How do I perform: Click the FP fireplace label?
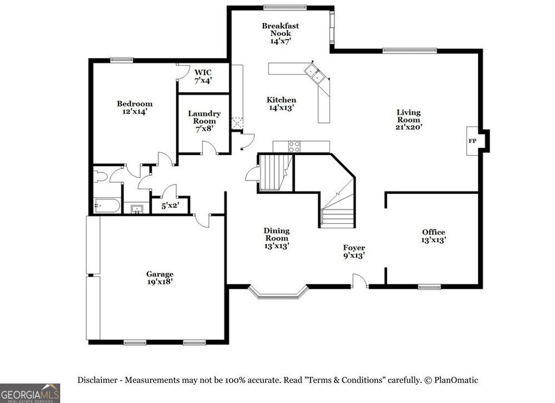pyautogui.click(x=472, y=140)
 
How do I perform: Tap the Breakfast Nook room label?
pyautogui.click(x=280, y=33)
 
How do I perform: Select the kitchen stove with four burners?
pyautogui.click(x=294, y=146)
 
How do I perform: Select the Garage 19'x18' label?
pyautogui.click(x=159, y=278)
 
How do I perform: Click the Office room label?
pyautogui.click(x=433, y=236)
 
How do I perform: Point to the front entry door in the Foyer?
pyautogui.click(x=359, y=281)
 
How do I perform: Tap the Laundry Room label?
pyautogui.click(x=204, y=121)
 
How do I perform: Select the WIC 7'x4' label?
pyautogui.click(x=203, y=76)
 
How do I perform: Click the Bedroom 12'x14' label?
pyautogui.click(x=134, y=107)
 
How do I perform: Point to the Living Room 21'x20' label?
pyautogui.click(x=408, y=119)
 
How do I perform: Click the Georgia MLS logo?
pyautogui.click(x=30, y=393)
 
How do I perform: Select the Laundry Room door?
pyautogui.click(x=209, y=148)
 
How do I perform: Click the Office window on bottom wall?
pyautogui.click(x=429, y=287)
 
